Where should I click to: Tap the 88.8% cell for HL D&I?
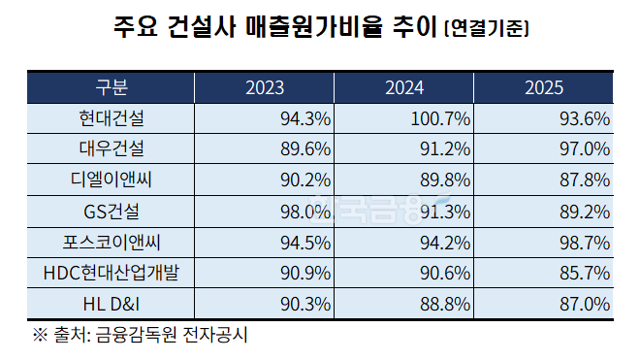[x=444, y=303]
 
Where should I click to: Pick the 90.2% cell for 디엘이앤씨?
[x=304, y=180]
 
